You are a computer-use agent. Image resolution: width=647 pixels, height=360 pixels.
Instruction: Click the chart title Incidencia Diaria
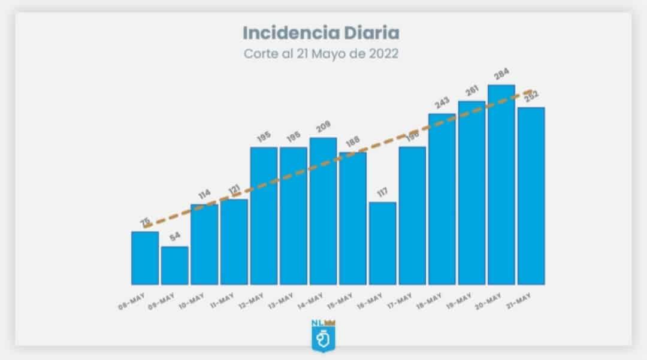[321, 32]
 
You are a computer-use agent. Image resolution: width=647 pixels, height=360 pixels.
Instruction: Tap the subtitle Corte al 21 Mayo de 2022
[321, 53]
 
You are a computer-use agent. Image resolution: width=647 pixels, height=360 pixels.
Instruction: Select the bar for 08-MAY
[145, 258]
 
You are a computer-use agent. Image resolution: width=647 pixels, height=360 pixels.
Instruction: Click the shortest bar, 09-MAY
[174, 265]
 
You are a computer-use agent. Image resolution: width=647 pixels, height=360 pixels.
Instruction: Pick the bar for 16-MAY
[382, 243]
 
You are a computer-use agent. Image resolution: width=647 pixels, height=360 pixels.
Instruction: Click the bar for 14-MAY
[323, 211]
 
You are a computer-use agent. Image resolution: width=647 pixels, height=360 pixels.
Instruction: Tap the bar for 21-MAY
[531, 196]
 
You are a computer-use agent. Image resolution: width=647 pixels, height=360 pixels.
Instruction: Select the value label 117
[382, 193]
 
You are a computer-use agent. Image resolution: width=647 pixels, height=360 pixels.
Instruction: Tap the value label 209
[323, 128]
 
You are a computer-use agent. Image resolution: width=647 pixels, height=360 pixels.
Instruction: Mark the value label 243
[442, 104]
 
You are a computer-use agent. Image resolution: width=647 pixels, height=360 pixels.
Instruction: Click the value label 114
[204, 195]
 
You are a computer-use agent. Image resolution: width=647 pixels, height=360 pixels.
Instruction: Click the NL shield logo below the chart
[323, 336]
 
